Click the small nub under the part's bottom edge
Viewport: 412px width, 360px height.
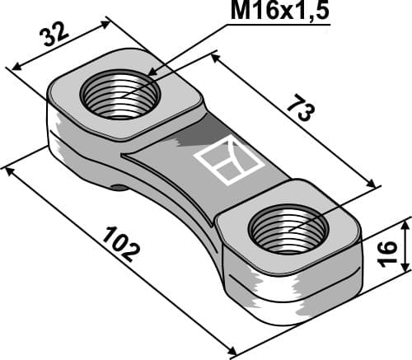coord(120,187)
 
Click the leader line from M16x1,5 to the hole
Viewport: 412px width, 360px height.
coord(190,49)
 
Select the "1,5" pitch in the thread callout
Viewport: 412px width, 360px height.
coord(313,15)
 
